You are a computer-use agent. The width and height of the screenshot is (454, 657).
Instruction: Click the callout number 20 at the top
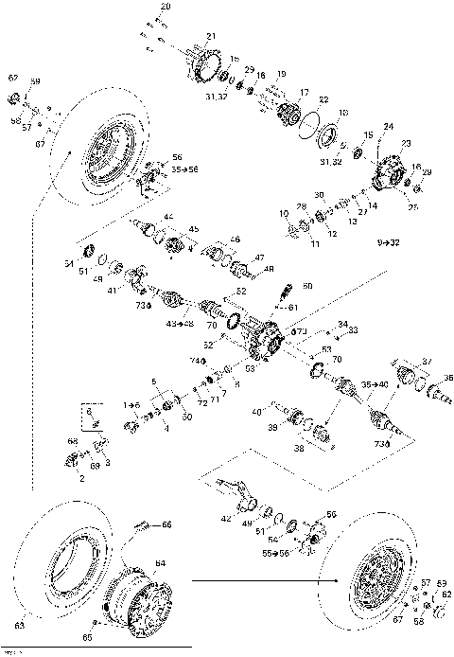pyautogui.click(x=166, y=8)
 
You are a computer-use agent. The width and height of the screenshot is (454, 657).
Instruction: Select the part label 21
pyautogui.click(x=211, y=37)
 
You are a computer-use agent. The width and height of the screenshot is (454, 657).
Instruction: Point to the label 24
pyautogui.click(x=388, y=126)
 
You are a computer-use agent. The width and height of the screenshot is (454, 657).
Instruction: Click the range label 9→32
pyautogui.click(x=389, y=243)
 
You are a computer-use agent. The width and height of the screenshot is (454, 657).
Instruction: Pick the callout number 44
pyautogui.click(x=169, y=217)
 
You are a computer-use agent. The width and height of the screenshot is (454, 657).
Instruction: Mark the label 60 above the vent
pyautogui.click(x=306, y=285)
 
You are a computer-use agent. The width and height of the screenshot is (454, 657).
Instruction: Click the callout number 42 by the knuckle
pyautogui.click(x=224, y=519)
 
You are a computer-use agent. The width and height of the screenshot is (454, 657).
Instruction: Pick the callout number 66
pyautogui.click(x=167, y=524)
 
